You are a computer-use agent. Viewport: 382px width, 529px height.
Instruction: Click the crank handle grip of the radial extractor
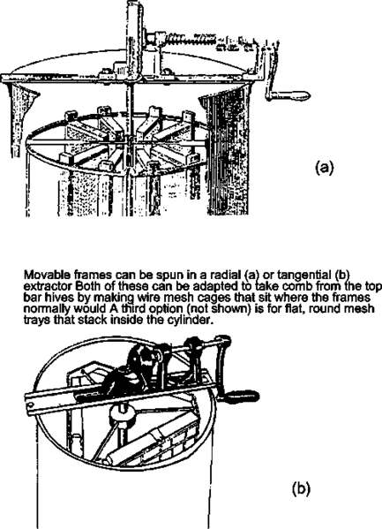[293, 95]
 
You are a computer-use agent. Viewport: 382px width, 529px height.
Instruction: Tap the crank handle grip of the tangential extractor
[242, 396]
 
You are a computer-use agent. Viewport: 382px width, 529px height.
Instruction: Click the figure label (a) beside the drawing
[324, 167]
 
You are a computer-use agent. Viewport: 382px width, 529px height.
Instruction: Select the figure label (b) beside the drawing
[301, 489]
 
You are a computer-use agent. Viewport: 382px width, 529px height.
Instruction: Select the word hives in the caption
[58, 298]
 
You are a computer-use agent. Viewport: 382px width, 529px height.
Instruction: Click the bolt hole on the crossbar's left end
[30, 404]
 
